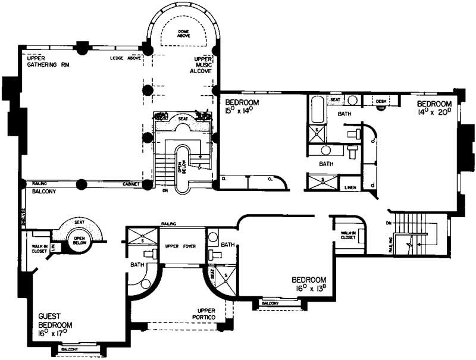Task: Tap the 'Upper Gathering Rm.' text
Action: [46, 62]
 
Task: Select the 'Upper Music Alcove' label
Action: [203, 65]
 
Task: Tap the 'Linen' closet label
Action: [350, 187]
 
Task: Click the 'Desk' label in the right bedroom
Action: [381, 102]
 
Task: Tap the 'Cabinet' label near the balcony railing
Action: [131, 184]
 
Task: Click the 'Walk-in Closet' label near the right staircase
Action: [347, 235]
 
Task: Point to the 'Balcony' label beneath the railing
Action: [40, 192]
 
